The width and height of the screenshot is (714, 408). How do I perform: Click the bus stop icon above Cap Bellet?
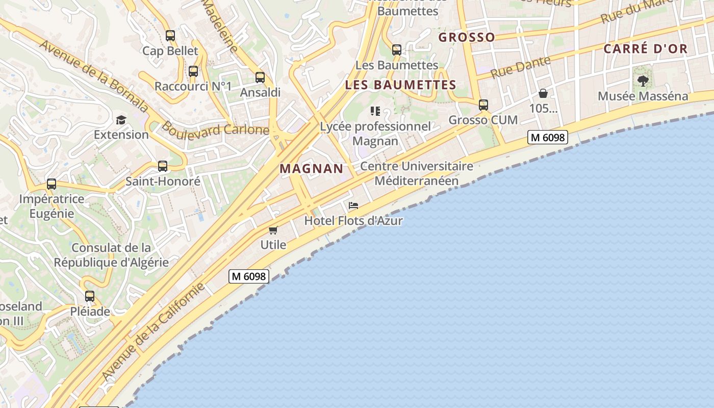coord(170,36)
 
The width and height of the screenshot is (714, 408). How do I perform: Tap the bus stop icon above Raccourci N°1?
coord(193,71)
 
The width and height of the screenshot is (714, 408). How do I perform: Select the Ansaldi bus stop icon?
coord(260,78)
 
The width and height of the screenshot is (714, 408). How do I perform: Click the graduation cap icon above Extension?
coord(121,120)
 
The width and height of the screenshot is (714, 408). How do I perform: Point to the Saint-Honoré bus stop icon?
coord(163,166)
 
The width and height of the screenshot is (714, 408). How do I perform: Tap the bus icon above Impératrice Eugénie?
coord(52,184)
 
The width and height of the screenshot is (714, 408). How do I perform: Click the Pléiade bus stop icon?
coord(90,296)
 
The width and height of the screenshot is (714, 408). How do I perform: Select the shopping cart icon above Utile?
coord(273,230)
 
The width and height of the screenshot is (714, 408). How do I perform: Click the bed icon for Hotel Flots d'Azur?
coord(353,206)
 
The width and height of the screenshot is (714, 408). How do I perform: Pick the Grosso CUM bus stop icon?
coord(483,105)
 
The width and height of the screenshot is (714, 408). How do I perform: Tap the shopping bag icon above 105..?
coord(543,93)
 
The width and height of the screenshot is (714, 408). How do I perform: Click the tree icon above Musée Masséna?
coord(643,81)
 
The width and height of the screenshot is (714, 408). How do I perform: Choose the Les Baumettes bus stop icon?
coord(397,50)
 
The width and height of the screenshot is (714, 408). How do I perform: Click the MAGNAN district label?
coord(312,169)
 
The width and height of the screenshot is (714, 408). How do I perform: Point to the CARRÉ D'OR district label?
coord(646,49)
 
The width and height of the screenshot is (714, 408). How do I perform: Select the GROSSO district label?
coord(467,37)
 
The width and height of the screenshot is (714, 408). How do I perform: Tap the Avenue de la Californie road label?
coord(153,331)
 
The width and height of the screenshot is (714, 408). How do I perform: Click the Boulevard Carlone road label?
coord(216,129)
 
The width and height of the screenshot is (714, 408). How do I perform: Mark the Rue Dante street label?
coord(521,67)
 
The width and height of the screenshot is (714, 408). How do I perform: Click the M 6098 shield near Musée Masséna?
coord(548,137)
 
